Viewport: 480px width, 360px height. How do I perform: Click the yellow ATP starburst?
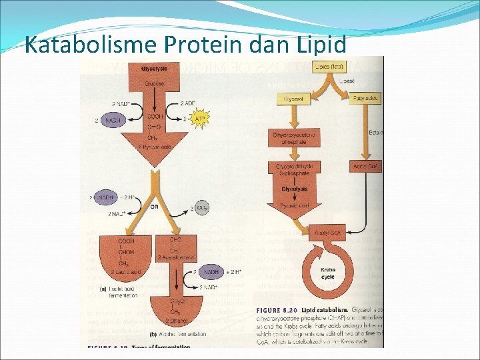click(x=199, y=119)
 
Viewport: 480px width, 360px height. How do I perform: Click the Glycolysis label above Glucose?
click(x=154, y=69)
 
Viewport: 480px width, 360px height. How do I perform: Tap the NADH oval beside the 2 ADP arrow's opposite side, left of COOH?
click(x=114, y=119)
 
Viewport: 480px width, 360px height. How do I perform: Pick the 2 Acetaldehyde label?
click(x=176, y=257)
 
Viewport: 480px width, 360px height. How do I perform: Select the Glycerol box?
click(x=293, y=99)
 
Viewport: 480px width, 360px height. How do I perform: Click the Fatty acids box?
click(x=365, y=99)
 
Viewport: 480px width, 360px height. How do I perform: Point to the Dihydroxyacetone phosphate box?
click(x=293, y=138)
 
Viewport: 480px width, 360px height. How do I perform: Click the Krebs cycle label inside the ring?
click(x=329, y=275)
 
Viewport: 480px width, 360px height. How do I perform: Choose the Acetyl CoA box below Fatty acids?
click(x=366, y=166)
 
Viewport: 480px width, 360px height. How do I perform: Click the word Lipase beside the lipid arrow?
click(x=347, y=81)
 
